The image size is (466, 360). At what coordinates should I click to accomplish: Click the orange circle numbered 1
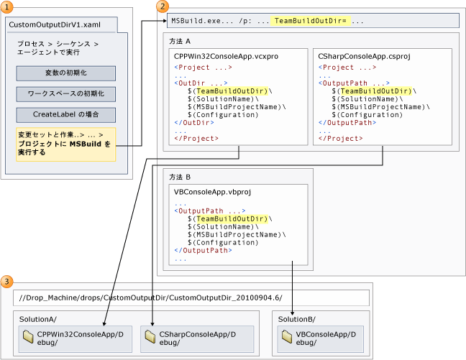click(7, 7)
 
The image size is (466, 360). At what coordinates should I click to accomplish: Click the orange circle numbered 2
click(163, 6)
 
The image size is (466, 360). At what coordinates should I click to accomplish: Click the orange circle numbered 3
click(7, 281)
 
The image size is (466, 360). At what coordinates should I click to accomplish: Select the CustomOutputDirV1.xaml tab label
click(55, 24)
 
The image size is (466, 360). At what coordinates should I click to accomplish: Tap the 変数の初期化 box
click(66, 73)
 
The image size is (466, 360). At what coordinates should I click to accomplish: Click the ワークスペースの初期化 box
click(66, 94)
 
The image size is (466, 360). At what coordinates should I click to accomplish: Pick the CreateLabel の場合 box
click(66, 115)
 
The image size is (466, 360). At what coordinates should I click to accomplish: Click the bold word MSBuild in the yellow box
click(86, 144)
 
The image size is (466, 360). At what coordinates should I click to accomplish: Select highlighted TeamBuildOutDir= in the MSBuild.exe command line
click(310, 21)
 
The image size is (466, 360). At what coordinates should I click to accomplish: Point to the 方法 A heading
click(180, 41)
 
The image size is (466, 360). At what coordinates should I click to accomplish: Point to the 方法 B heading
click(180, 177)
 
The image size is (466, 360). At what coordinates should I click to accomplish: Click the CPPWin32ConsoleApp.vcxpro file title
click(226, 57)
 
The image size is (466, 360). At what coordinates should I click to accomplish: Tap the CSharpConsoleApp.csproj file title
click(364, 57)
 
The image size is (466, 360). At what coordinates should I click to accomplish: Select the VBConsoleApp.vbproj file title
click(212, 192)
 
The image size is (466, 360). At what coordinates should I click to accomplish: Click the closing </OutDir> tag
click(194, 123)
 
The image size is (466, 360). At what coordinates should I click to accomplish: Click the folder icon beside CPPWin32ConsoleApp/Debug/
click(28, 336)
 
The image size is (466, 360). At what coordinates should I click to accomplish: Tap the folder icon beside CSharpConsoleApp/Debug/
click(150, 336)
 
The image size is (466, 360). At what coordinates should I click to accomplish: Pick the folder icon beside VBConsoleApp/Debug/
click(287, 336)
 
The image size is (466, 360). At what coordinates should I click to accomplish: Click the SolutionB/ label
click(296, 319)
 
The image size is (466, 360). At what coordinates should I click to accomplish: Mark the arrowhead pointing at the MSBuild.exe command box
click(165, 21)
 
